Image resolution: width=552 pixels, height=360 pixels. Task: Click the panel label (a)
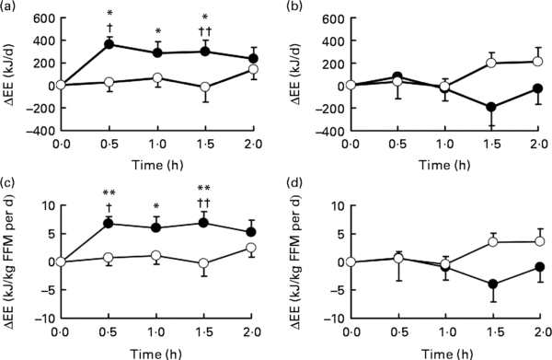(10, 8)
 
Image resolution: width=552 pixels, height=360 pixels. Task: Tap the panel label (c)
(10, 185)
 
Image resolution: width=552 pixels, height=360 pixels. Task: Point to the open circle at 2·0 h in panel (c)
(251, 247)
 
